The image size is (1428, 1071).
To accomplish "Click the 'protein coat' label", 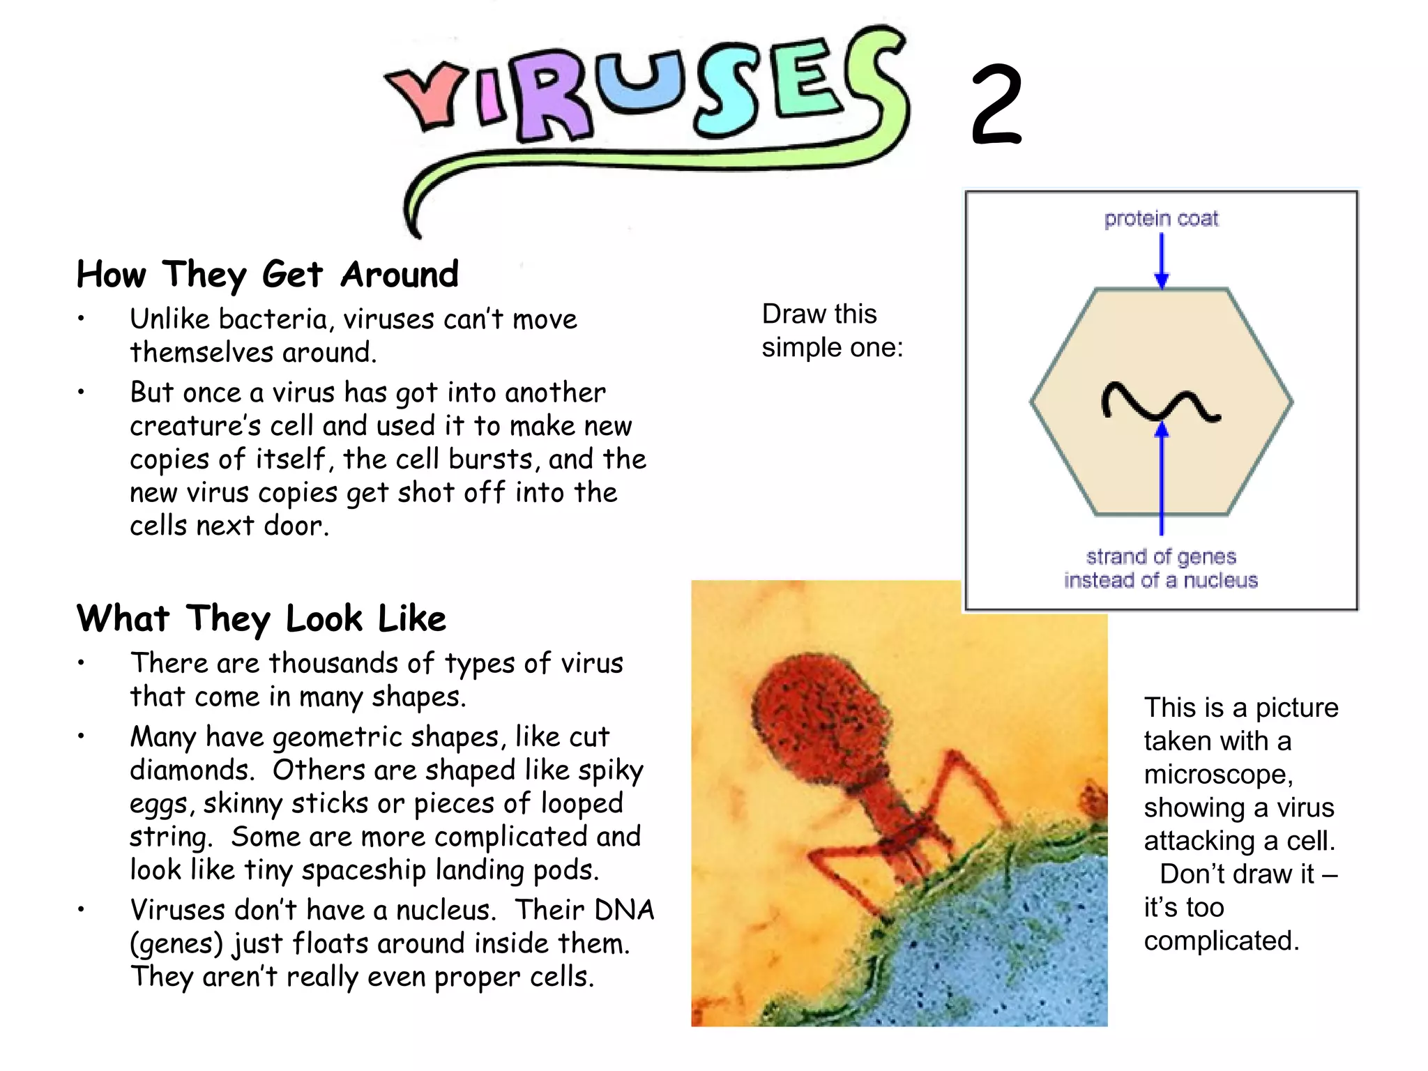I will tap(1161, 219).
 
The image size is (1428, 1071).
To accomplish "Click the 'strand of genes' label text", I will tap(1161, 557).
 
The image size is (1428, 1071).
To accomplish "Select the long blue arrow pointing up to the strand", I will tap(1162, 481).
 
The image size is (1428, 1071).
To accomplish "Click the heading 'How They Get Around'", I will tap(268, 274).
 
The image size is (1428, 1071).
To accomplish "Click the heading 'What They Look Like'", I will tap(261, 618).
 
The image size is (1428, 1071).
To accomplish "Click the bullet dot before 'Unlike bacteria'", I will tap(81, 319).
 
